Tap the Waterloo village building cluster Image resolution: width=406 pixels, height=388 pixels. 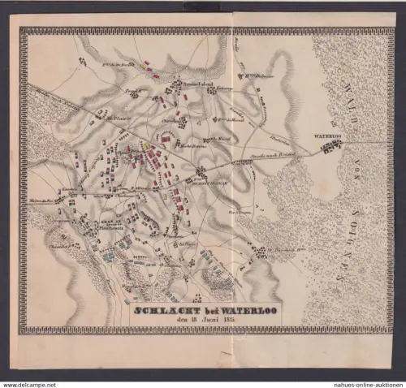(330, 147)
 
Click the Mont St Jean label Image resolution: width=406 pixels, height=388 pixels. (184, 180)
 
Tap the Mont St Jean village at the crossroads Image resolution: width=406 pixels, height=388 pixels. (201, 172)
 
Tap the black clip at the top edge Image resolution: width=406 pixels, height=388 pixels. (204, 6)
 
